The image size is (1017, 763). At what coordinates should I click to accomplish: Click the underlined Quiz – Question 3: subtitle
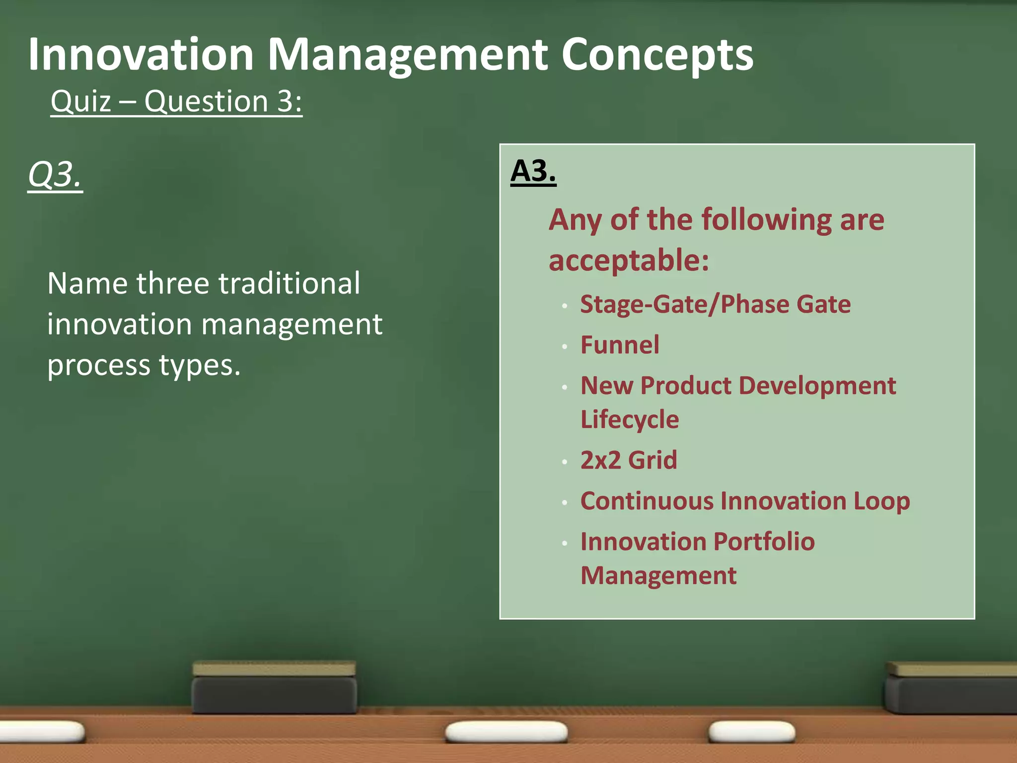click(176, 101)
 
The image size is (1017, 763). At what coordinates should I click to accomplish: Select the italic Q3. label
click(55, 175)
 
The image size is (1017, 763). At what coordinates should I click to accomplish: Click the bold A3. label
click(533, 171)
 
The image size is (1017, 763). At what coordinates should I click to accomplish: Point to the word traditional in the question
click(289, 283)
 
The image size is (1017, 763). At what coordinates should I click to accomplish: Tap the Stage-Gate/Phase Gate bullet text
click(715, 304)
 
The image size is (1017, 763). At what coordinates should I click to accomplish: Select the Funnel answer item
click(620, 345)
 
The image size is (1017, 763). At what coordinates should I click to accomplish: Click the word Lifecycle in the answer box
click(630, 419)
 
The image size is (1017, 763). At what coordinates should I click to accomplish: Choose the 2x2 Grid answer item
click(629, 460)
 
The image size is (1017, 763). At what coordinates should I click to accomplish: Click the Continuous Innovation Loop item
click(745, 501)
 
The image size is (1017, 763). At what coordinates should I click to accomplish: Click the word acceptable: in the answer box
click(629, 260)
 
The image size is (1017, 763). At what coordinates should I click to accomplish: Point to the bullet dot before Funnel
click(565, 346)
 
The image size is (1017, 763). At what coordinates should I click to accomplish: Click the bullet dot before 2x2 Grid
click(565, 461)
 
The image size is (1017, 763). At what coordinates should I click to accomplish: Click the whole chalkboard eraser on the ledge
click(274, 688)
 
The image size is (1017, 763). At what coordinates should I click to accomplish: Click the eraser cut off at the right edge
click(951, 688)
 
